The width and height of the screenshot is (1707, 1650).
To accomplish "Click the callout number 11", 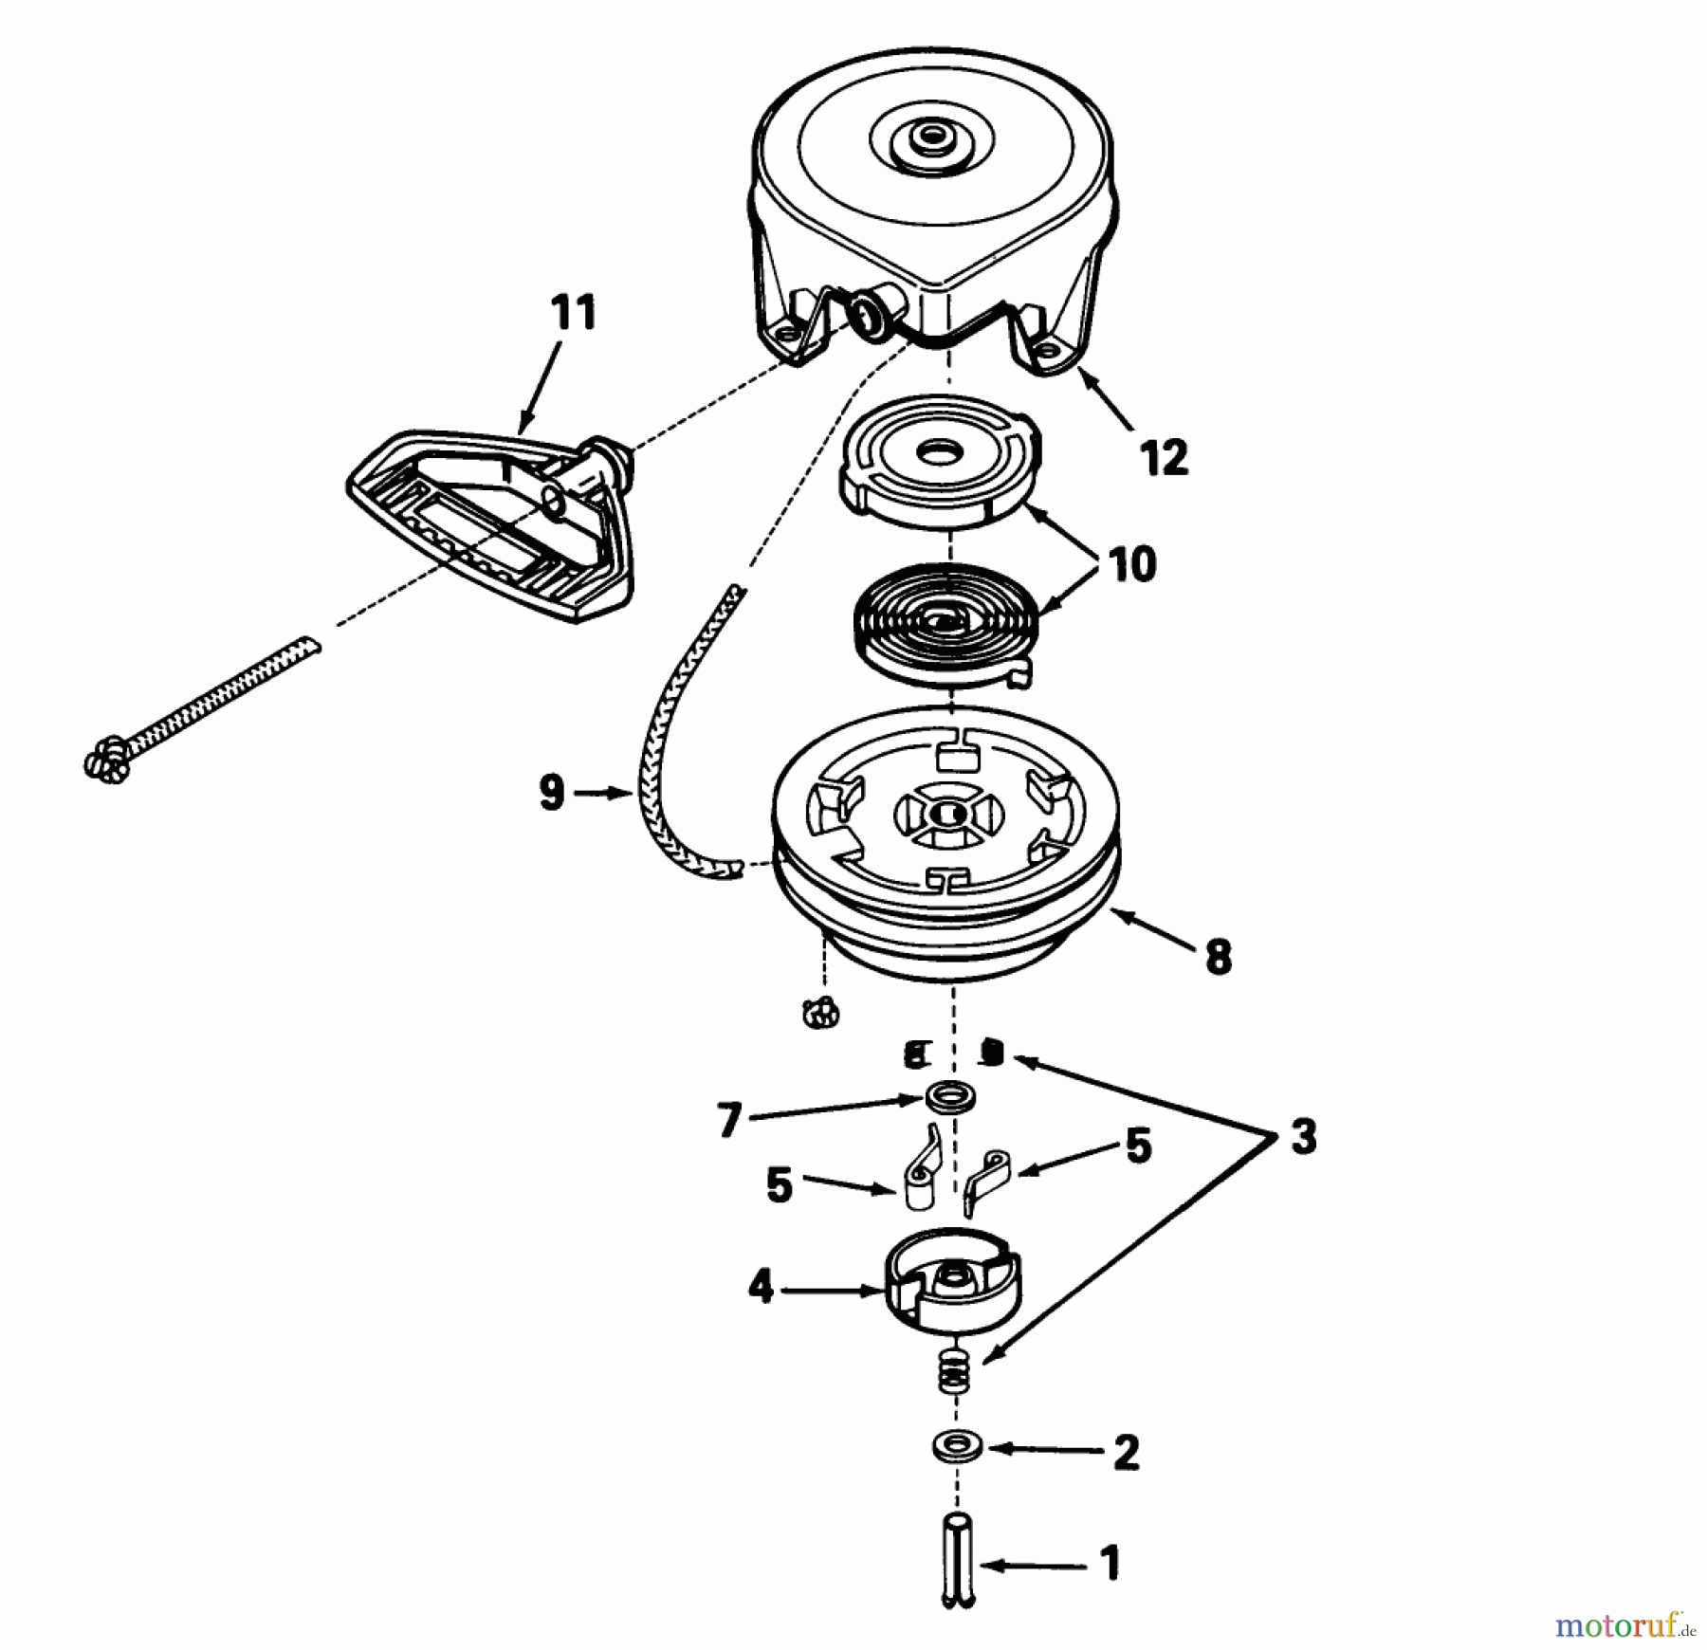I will [574, 313].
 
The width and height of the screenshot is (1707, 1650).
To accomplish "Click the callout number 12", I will [1165, 458].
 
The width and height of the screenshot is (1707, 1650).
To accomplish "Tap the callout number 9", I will [552, 793].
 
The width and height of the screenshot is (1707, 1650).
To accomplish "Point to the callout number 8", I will [1217, 957].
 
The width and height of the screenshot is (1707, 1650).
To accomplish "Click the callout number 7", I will [728, 1122].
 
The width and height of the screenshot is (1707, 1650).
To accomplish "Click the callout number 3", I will [1303, 1136].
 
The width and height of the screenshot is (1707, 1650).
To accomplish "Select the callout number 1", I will [1109, 1564].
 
